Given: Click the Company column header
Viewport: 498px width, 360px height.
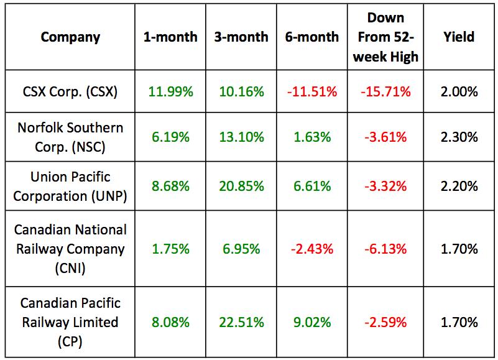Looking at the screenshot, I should click(70, 37).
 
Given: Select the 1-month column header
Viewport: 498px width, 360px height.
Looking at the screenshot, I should click(170, 37).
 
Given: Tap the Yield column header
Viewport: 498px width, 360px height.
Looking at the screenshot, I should click(461, 37).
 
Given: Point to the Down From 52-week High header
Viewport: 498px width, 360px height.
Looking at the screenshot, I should click(386, 37).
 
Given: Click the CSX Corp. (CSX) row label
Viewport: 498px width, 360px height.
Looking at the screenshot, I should click(70, 91).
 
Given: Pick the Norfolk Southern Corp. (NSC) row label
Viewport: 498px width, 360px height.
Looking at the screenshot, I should click(70, 137).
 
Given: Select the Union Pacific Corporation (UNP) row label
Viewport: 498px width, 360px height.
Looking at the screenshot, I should click(70, 186).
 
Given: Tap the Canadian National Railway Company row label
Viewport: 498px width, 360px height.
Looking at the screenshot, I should click(70, 249).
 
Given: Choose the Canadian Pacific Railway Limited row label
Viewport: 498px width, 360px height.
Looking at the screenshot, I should click(70, 322).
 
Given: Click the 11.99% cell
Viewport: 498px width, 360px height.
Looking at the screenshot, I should click(170, 91).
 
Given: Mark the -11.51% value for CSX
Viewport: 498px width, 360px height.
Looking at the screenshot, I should click(311, 91).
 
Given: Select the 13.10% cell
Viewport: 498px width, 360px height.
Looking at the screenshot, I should click(241, 137).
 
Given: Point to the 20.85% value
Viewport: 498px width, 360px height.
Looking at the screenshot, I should click(241, 186).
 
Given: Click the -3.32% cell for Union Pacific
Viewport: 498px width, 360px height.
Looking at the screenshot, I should click(386, 186).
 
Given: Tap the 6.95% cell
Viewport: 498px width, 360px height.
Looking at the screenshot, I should click(241, 249).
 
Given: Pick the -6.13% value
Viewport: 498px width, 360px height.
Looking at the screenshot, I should click(386, 249).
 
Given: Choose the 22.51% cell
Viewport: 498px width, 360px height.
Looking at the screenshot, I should click(241, 322).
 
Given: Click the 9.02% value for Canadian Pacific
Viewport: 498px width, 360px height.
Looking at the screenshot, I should click(311, 322).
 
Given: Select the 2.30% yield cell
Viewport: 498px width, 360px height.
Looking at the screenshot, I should click(461, 137).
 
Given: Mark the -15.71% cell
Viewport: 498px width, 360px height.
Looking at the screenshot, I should click(386, 91).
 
